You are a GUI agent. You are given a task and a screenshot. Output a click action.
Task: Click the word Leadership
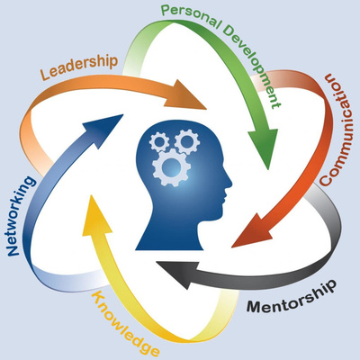[78, 67]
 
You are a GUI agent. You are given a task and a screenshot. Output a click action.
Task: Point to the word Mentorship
[291, 297]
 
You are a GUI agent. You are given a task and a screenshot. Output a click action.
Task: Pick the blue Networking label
[21, 216]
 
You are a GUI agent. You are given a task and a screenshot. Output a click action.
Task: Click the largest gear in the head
[171, 167]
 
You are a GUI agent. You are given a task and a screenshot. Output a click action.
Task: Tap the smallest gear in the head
[159, 142]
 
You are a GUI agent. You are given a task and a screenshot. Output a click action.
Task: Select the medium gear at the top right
[187, 141]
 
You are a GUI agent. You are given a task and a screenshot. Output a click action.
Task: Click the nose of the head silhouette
[229, 183]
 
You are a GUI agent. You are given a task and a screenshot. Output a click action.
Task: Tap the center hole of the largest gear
[171, 167]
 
